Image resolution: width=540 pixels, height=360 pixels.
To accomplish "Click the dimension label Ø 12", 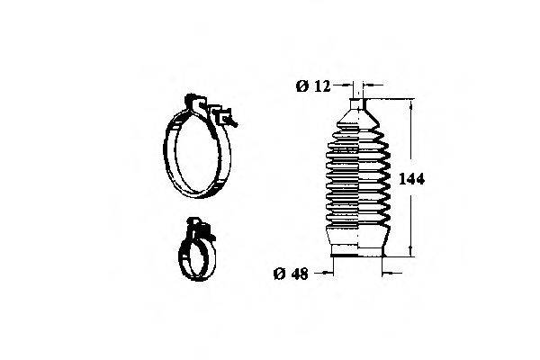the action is (313, 86).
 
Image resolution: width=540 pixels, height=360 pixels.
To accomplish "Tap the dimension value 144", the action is (411, 179).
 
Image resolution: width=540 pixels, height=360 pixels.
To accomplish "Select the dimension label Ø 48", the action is (291, 274).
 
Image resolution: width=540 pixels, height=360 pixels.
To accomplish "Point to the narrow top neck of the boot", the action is (357, 103).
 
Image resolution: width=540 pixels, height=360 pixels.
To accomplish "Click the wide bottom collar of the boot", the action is (357, 250).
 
